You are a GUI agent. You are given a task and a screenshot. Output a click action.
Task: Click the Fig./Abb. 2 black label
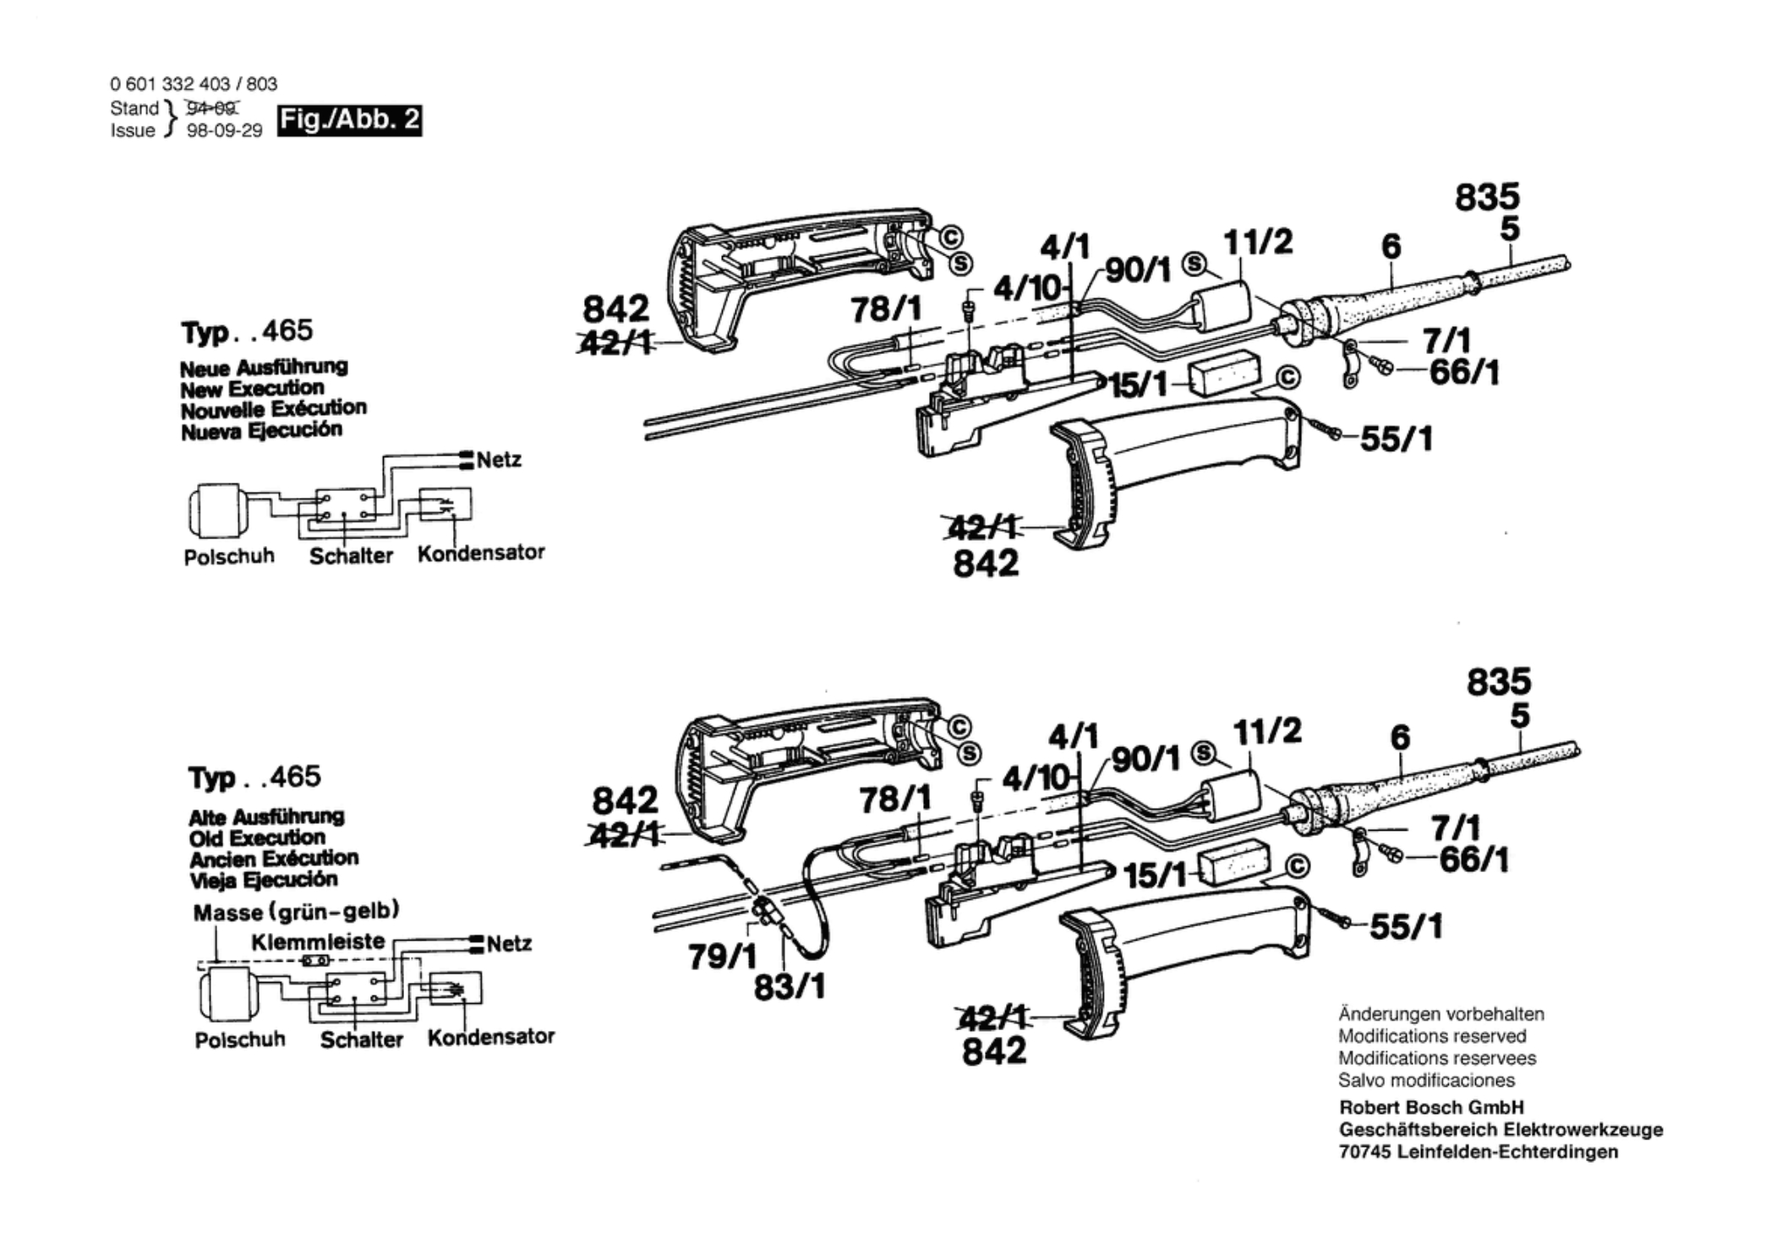(349, 120)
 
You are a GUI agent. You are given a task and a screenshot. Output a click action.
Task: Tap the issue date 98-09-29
(224, 131)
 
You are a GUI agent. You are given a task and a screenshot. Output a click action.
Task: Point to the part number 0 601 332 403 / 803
(194, 84)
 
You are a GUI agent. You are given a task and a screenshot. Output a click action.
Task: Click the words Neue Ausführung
(264, 368)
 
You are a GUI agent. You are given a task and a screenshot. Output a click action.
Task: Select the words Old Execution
(257, 837)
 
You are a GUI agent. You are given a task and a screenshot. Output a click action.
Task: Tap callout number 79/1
(724, 957)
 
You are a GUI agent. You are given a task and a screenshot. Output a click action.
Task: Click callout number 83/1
(790, 986)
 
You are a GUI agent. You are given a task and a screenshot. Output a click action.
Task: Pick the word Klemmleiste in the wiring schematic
(318, 941)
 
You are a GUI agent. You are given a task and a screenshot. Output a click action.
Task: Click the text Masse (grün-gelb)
(297, 912)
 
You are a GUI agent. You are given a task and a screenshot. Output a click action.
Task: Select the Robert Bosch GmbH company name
(1431, 1107)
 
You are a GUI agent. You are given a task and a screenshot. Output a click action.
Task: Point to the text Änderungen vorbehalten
(1440, 1014)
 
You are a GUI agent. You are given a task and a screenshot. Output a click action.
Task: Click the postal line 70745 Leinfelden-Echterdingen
(1479, 1152)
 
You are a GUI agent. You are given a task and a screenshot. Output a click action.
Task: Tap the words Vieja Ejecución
(263, 880)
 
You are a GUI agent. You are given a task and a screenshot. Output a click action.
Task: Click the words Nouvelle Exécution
(273, 409)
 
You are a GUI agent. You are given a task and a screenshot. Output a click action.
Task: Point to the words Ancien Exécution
(273, 859)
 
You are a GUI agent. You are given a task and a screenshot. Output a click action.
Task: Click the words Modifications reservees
(1436, 1058)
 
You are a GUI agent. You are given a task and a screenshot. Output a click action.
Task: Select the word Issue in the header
(133, 131)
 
